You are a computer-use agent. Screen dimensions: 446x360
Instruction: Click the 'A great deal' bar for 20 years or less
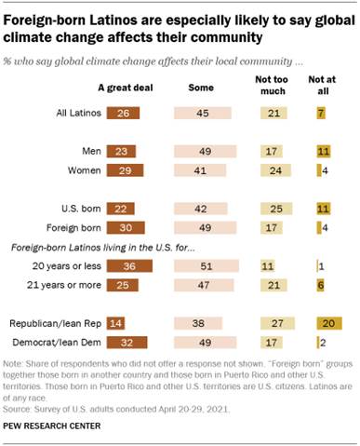click(128, 264)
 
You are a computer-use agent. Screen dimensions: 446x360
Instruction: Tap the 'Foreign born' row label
click(72, 228)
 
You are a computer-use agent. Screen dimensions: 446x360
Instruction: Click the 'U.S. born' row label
click(77, 207)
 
